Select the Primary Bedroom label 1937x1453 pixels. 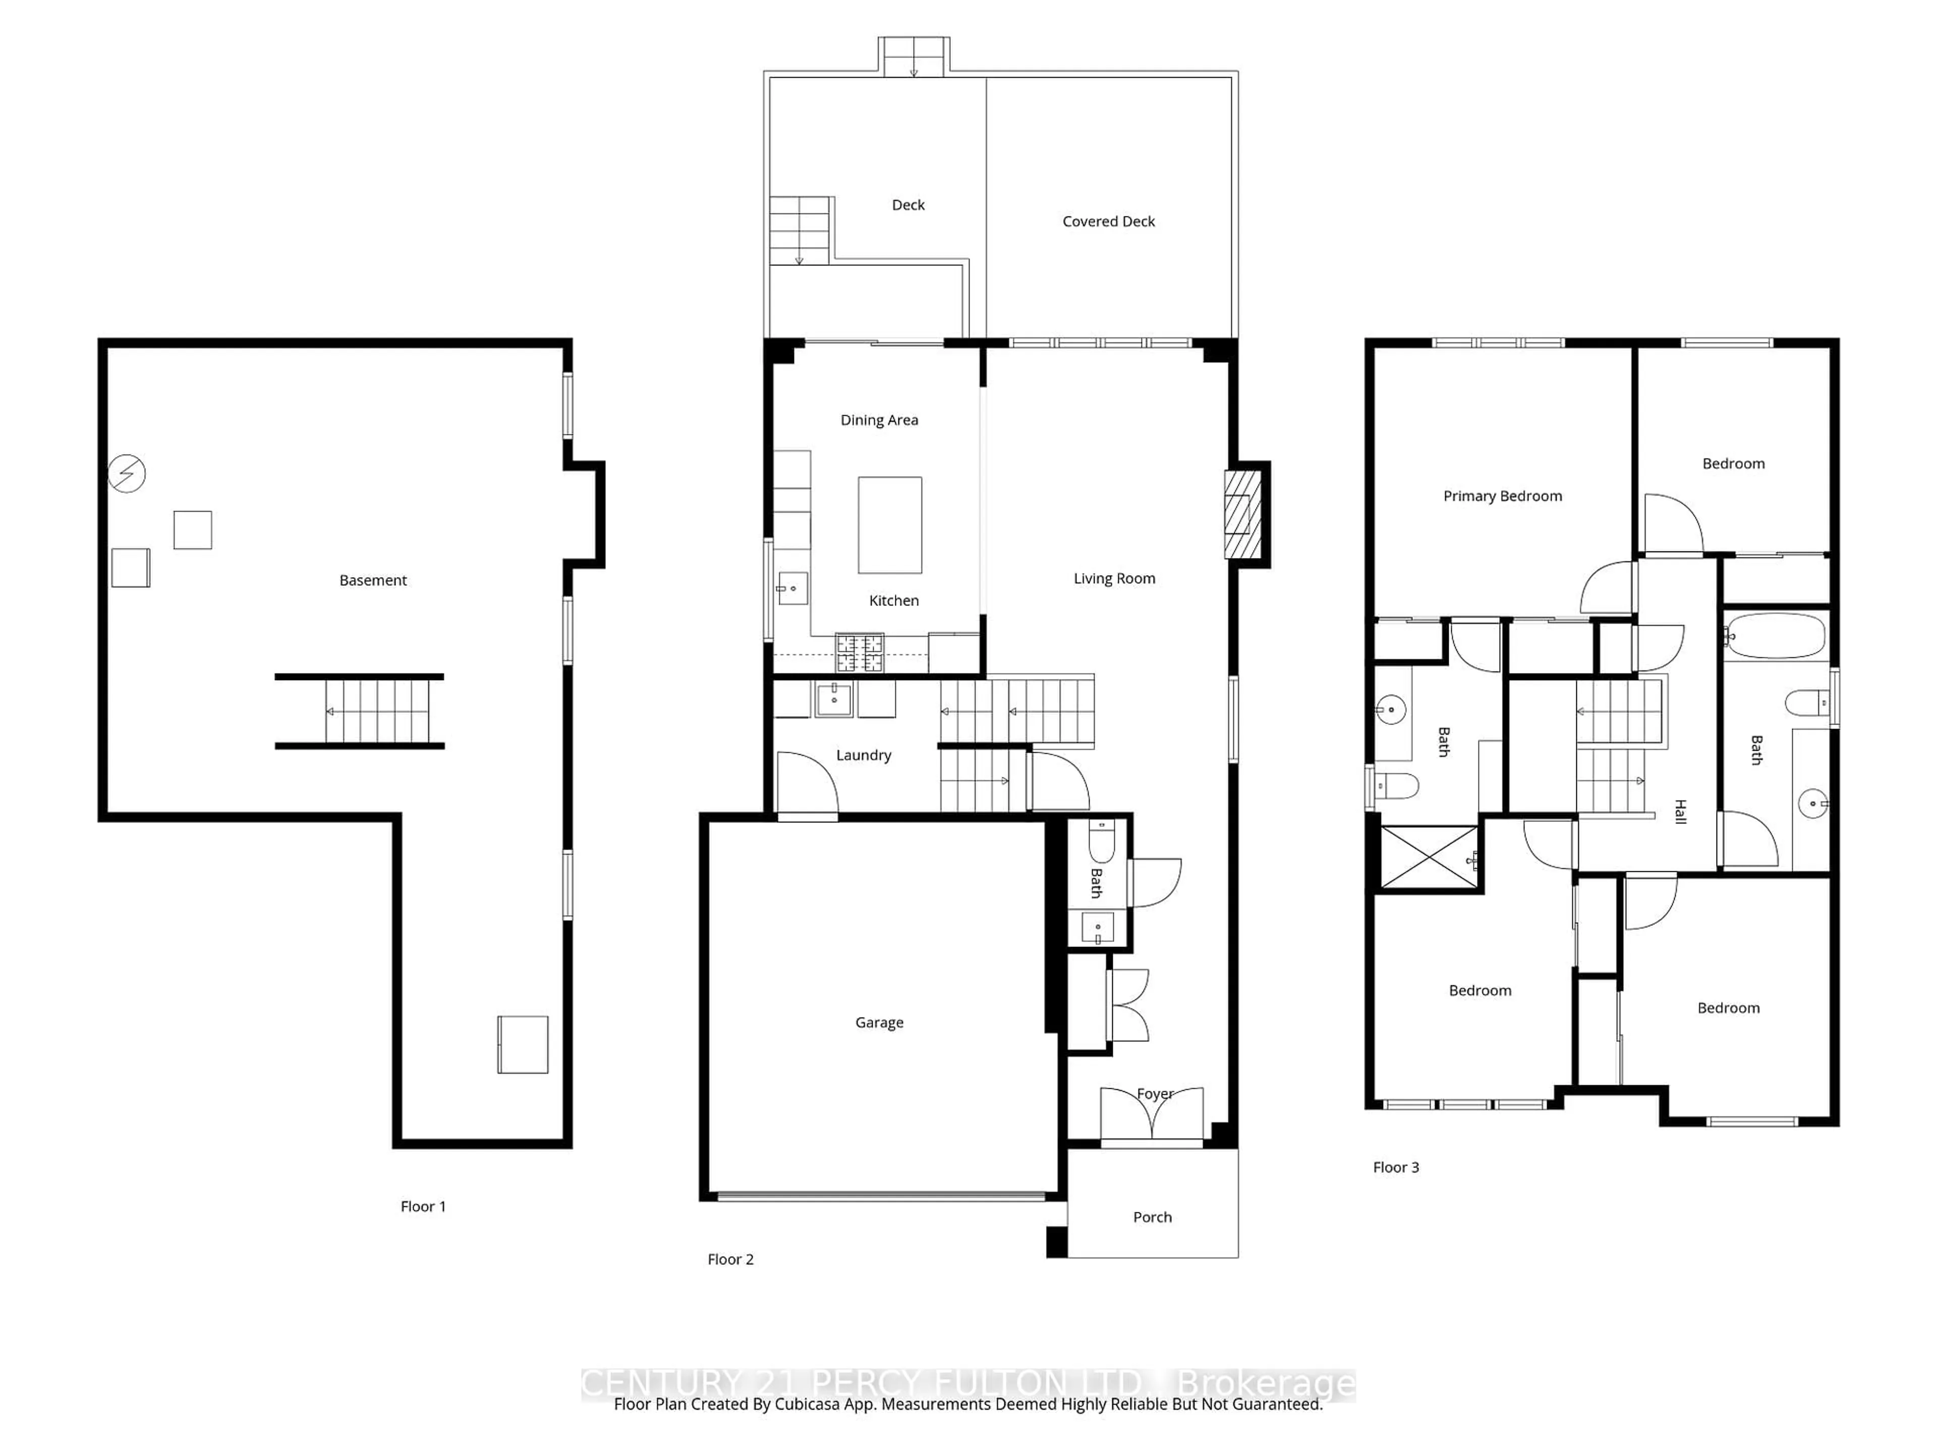[x=1503, y=496]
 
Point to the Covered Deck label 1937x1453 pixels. [x=1109, y=221]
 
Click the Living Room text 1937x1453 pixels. [x=1114, y=578]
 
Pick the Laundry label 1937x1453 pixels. [x=864, y=755]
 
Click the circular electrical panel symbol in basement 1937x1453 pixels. [x=127, y=474]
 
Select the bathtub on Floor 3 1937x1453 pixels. [x=1776, y=637]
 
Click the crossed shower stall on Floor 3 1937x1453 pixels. [x=1428, y=858]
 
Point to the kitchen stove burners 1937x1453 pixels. [x=860, y=653]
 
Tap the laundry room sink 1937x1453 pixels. [x=834, y=700]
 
